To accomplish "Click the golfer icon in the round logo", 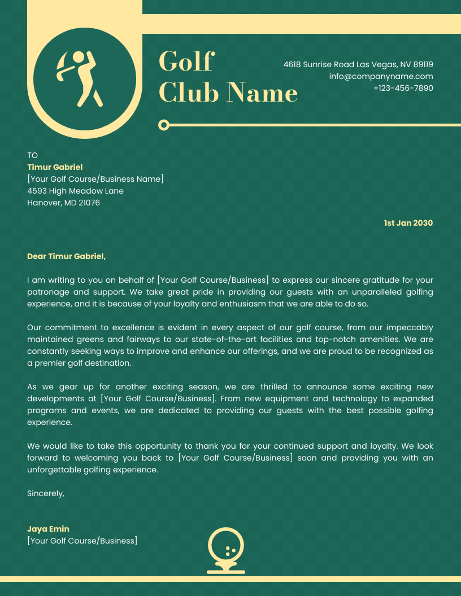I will [80, 79].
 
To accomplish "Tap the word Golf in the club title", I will [186, 61].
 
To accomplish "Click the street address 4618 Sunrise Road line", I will [358, 64].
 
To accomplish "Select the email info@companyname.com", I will [381, 76].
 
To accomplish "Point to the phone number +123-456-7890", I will [403, 88].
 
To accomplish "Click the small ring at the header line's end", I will [164, 125].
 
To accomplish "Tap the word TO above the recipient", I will [32, 155].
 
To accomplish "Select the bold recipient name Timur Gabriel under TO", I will [55, 167].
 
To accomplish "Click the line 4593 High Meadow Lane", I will [75, 191].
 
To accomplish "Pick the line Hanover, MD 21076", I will [63, 203].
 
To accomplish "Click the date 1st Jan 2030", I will [408, 223].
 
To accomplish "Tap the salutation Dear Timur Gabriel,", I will [66, 256].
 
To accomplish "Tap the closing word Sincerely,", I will [46, 493].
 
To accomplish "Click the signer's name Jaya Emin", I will [48, 529].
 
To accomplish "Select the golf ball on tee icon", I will [226, 550].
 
